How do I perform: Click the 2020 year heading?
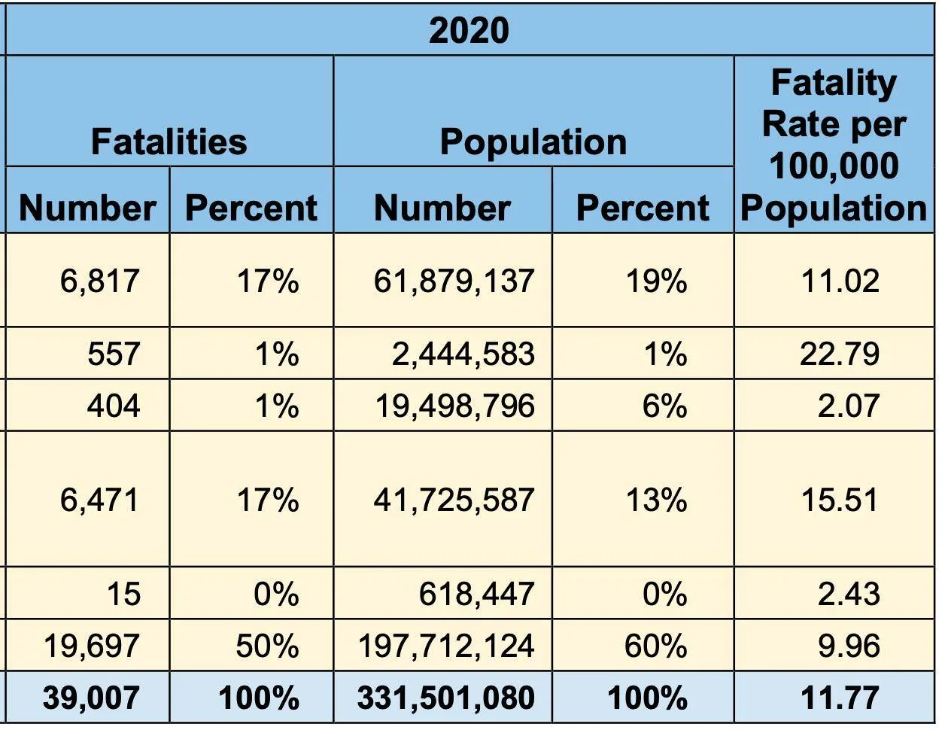(x=469, y=31)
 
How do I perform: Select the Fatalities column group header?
(x=169, y=141)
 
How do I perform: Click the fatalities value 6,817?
(x=99, y=281)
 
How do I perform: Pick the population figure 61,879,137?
(x=454, y=281)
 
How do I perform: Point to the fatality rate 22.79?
(x=840, y=354)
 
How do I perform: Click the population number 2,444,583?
(x=463, y=354)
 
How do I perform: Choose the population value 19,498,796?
(x=454, y=406)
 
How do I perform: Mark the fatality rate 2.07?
(x=849, y=406)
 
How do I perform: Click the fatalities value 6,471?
(x=99, y=500)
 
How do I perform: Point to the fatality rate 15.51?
(x=840, y=500)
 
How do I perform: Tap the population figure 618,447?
(x=476, y=594)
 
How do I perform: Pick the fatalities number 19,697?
(x=92, y=646)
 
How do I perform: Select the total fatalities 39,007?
(x=91, y=698)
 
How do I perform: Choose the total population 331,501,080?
(x=446, y=698)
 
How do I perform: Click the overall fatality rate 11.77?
(x=840, y=698)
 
